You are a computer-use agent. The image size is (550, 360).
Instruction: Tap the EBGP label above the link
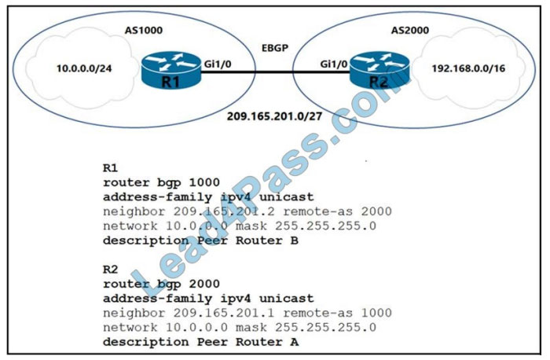tap(275, 47)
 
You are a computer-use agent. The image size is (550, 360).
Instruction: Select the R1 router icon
tap(169, 71)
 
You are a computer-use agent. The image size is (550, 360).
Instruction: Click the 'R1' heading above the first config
tap(111, 168)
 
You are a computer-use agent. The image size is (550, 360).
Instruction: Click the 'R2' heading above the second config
tap(111, 269)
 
